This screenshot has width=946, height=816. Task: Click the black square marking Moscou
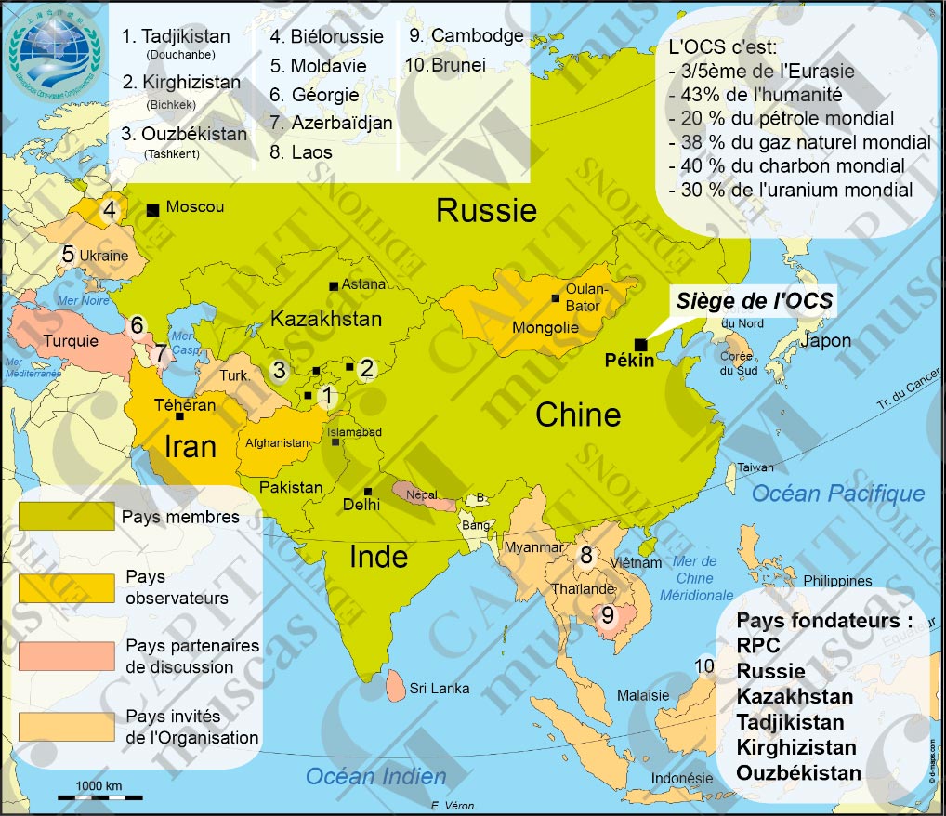tap(152, 210)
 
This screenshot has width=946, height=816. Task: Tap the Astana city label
tap(362, 284)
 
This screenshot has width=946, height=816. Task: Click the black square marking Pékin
tap(640, 344)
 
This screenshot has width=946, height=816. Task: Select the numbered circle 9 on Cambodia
tap(608, 615)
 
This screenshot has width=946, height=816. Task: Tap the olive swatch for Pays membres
tap(68, 517)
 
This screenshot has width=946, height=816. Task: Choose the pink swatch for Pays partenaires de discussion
tap(68, 655)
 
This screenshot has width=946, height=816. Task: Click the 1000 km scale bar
tap(99, 796)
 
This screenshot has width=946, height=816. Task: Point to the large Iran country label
tap(190, 446)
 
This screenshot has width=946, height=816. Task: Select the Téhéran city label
tap(185, 405)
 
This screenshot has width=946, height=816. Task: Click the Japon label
tap(825, 341)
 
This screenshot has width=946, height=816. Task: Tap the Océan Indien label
tap(376, 775)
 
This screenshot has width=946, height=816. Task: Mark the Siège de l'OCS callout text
tap(754, 301)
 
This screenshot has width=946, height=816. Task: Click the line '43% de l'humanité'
tap(755, 94)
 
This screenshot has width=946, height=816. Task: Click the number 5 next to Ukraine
tap(68, 254)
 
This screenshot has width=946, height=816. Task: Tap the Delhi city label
tap(361, 505)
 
